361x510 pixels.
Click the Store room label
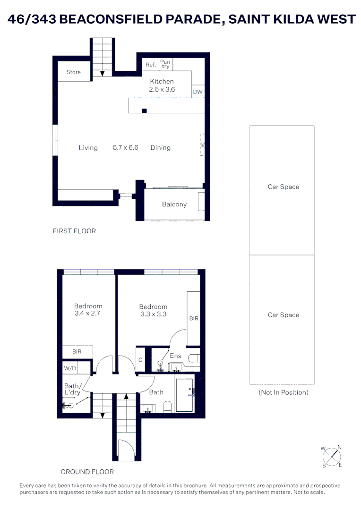(73, 72)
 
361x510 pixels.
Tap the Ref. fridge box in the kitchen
(151, 65)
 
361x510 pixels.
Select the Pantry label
(166, 64)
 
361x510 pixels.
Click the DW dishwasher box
(198, 92)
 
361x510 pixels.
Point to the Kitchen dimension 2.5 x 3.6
(162, 89)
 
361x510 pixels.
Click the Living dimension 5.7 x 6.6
(125, 147)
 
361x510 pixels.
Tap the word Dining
(160, 147)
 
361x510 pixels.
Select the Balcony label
(174, 204)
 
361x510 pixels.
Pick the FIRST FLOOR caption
(74, 231)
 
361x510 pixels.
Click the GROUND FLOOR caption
(87, 471)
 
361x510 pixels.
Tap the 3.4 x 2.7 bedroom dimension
(88, 313)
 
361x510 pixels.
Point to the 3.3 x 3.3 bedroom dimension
(153, 314)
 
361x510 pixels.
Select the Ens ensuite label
(175, 356)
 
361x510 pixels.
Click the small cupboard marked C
(140, 360)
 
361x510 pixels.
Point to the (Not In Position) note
(283, 392)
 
